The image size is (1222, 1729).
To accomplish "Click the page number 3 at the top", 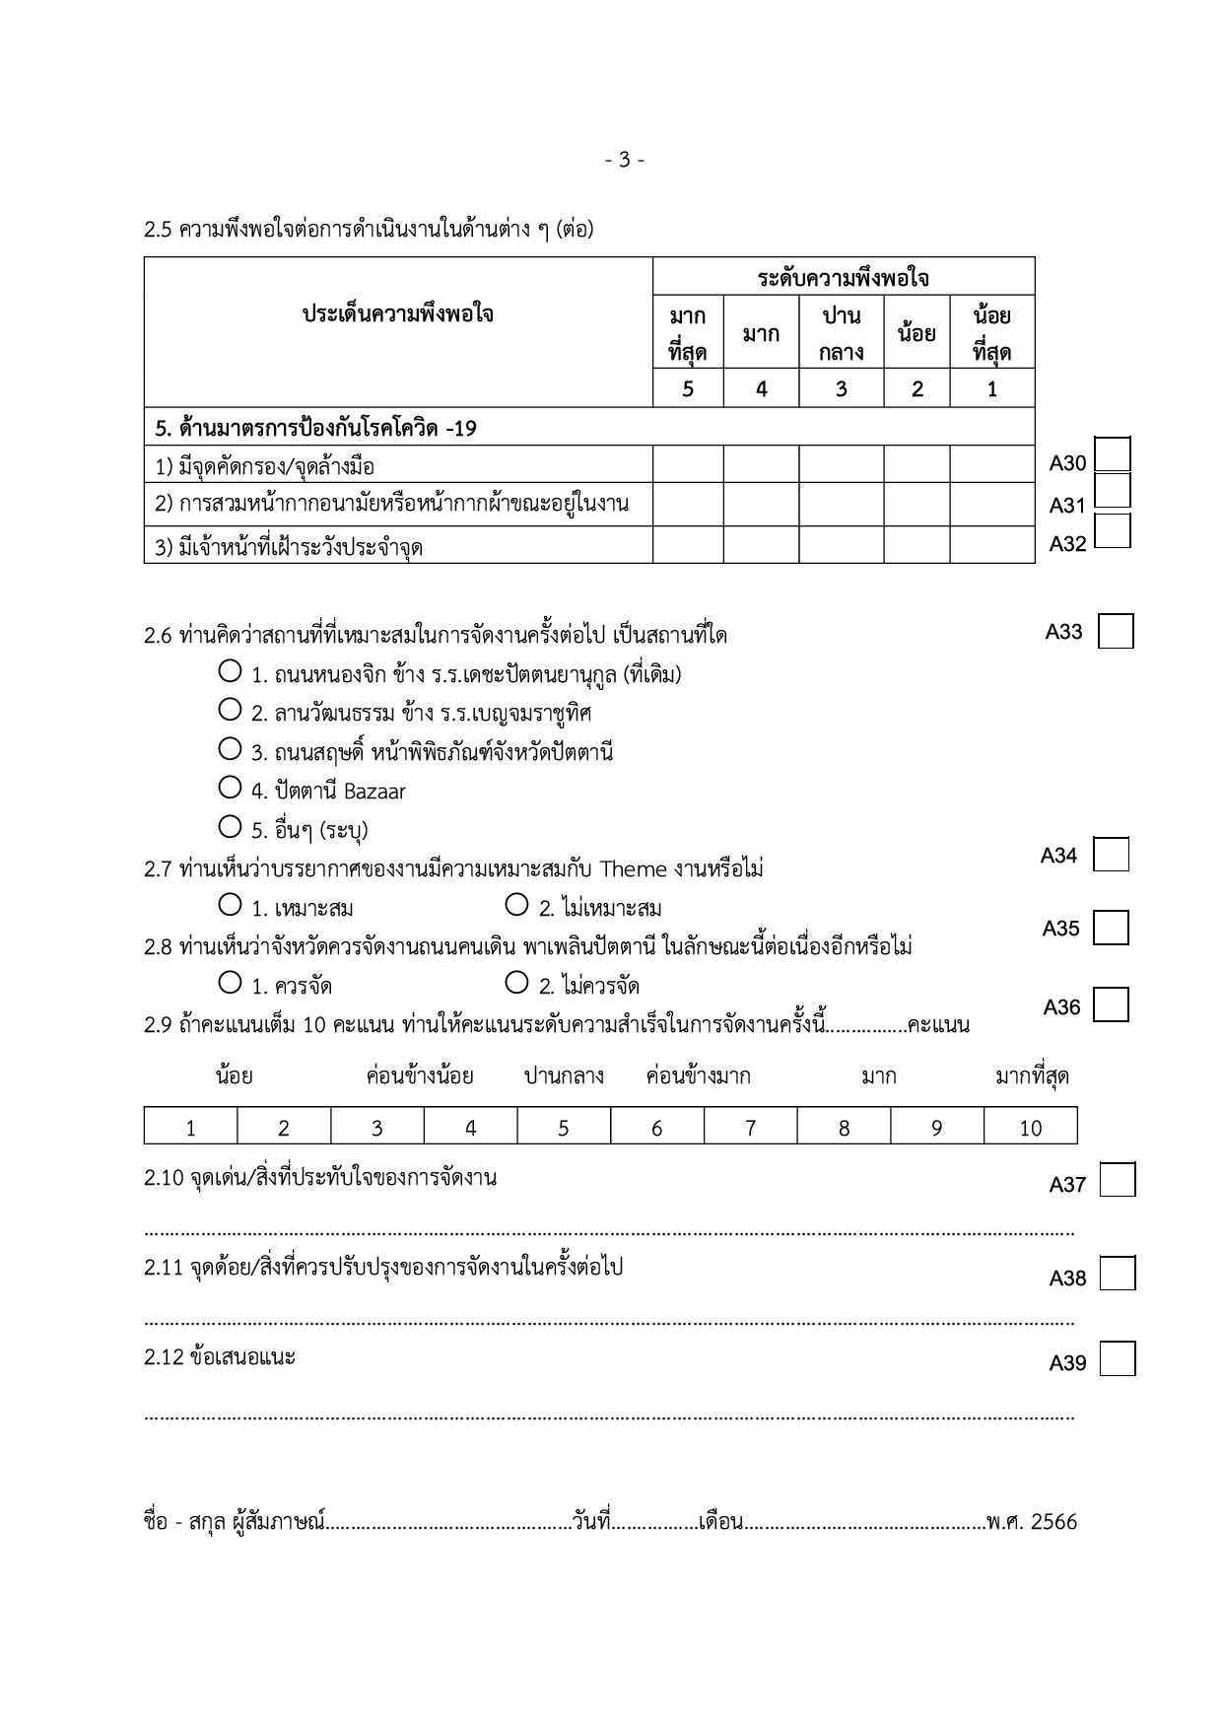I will pyautogui.click(x=624, y=159).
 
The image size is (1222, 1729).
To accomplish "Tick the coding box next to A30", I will pyautogui.click(x=1113, y=455).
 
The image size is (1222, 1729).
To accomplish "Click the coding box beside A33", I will pyautogui.click(x=1116, y=631).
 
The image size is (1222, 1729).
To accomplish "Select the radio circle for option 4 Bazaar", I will pyautogui.click(x=230, y=787).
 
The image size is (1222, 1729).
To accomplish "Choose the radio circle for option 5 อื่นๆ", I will pyautogui.click(x=230, y=825).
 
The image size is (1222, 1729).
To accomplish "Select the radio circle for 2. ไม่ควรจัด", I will pyautogui.click(x=516, y=982).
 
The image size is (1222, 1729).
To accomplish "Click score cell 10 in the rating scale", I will pyautogui.click(x=1030, y=1127).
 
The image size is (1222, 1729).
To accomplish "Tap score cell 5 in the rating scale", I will pyautogui.click(x=563, y=1127).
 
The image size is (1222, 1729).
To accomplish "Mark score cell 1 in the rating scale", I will pyautogui.click(x=190, y=1127).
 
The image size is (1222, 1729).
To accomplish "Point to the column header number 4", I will pyautogui.click(x=761, y=388).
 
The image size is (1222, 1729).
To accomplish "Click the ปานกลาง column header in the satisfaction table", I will pyautogui.click(x=841, y=333).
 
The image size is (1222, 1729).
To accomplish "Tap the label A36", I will pyautogui.click(x=1061, y=1006).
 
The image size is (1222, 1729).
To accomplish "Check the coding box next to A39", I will pyautogui.click(x=1117, y=1359).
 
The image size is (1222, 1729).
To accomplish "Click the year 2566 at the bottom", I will pyautogui.click(x=1053, y=1522).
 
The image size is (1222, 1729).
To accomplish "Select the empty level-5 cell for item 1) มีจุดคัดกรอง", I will pyautogui.click(x=688, y=464).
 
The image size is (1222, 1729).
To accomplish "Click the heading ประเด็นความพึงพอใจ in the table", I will pyautogui.click(x=398, y=314).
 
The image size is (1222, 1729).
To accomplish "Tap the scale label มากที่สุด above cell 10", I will pyautogui.click(x=1031, y=1075).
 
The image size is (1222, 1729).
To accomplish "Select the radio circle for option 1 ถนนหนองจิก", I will pyautogui.click(x=230, y=671).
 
